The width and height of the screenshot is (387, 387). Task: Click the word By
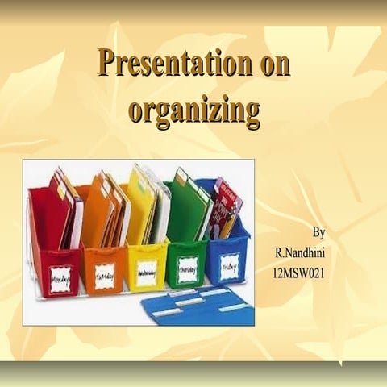click(318, 232)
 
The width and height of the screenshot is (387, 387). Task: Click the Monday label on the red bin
click(60, 280)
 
